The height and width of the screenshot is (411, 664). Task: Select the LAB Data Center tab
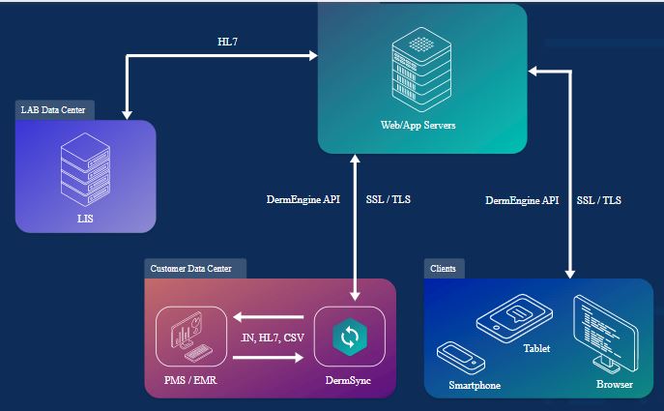coord(53,110)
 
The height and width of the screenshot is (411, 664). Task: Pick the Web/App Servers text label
coord(419,127)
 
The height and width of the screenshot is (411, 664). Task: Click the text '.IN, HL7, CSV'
coord(271,338)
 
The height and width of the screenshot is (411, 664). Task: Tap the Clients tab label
coord(444,268)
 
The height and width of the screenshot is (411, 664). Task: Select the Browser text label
coord(614,385)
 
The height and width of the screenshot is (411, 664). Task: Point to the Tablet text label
coord(536,348)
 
